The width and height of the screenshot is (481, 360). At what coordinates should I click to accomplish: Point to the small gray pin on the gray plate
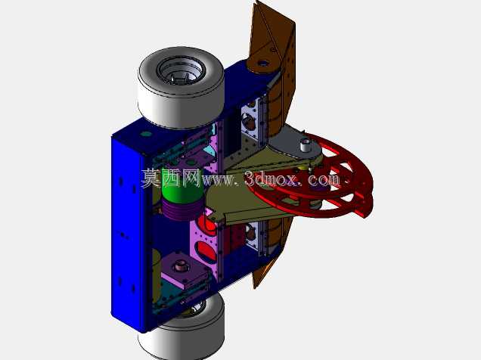click(x=306, y=144)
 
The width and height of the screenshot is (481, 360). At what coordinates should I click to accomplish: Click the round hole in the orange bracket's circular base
click(x=263, y=64)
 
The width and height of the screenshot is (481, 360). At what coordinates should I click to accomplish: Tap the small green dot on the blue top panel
click(x=146, y=134)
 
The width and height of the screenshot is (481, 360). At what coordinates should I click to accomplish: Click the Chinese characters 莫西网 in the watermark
click(x=171, y=178)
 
